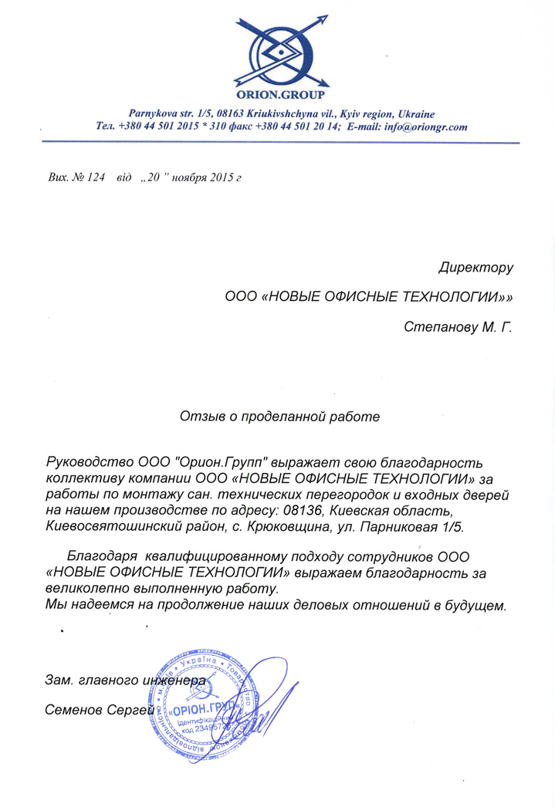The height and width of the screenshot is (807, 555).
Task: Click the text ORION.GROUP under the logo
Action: click(x=282, y=96)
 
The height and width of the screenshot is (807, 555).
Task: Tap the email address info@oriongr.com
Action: click(x=428, y=127)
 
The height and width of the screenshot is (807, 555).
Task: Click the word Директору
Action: click(x=475, y=268)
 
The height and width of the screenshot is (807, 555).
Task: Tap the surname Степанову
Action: click(x=439, y=327)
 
